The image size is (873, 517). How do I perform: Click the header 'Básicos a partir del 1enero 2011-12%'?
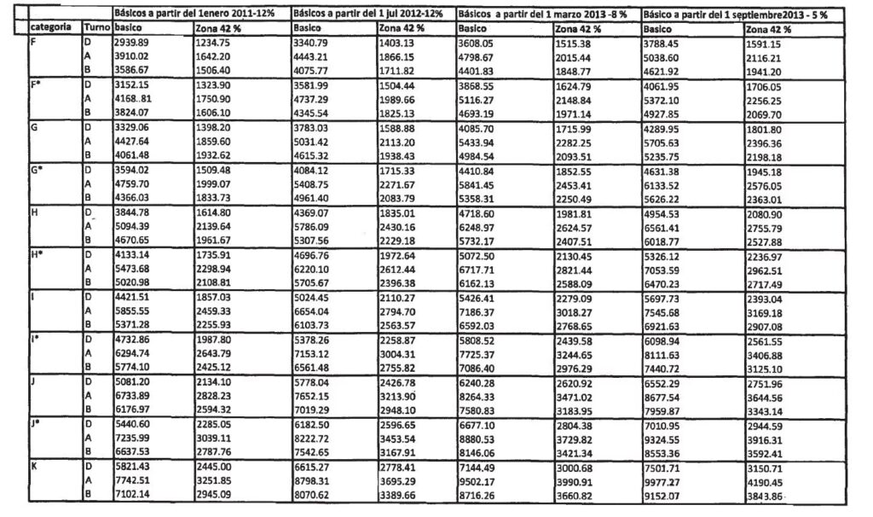point(201,15)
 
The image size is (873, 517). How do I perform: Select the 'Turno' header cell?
point(97,28)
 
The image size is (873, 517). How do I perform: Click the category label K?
point(35,467)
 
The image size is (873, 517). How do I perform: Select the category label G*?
point(38,169)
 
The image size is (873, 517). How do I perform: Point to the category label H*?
point(38,254)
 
